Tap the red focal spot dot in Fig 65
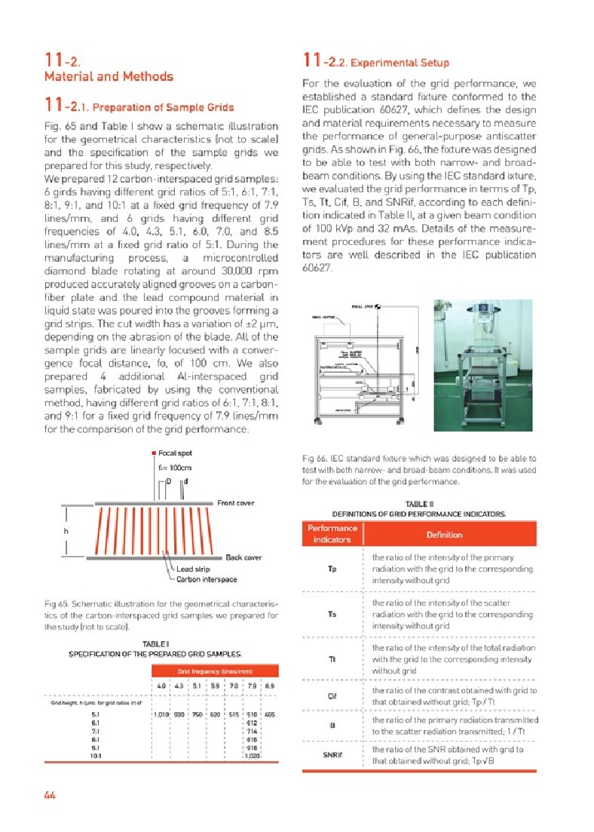(x=153, y=453)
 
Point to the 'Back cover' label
(x=244, y=557)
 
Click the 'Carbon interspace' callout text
(x=207, y=579)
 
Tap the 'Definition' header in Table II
(x=444, y=534)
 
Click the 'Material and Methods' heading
(x=109, y=76)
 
